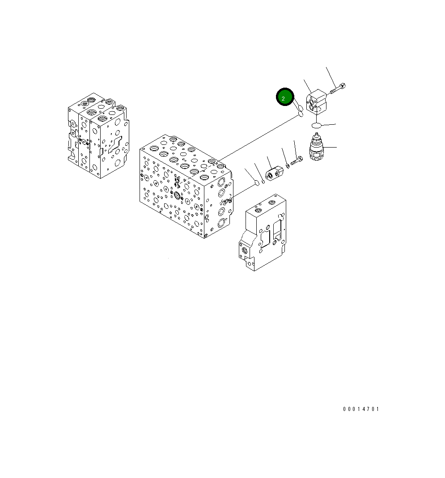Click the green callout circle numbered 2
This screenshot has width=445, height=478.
(x=284, y=97)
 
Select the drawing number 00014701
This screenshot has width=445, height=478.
(x=361, y=409)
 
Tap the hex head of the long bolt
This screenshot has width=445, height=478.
(x=342, y=86)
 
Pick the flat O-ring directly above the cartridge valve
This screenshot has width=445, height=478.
(x=317, y=125)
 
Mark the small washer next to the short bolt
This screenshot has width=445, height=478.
(x=287, y=165)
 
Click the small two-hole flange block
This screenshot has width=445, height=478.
(x=273, y=172)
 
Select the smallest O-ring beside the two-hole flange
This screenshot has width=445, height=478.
(x=263, y=181)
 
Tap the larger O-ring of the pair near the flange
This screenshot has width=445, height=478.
(x=257, y=182)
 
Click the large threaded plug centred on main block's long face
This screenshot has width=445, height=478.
(x=177, y=195)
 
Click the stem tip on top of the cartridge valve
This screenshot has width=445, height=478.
(x=317, y=135)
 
